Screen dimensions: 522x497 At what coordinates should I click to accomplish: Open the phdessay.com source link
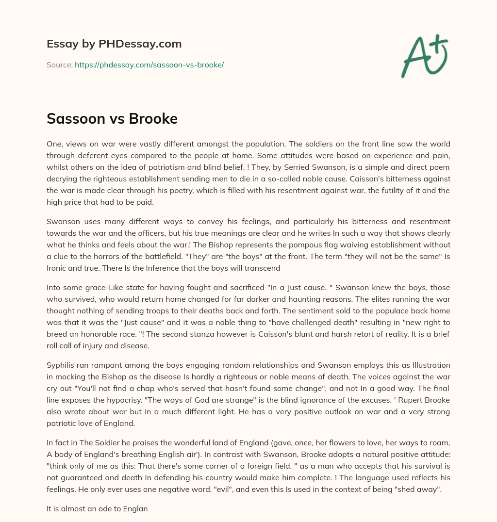(x=149, y=65)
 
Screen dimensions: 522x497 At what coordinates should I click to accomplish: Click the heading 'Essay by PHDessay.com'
(x=114, y=44)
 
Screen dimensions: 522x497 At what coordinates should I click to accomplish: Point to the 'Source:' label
(x=59, y=65)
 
